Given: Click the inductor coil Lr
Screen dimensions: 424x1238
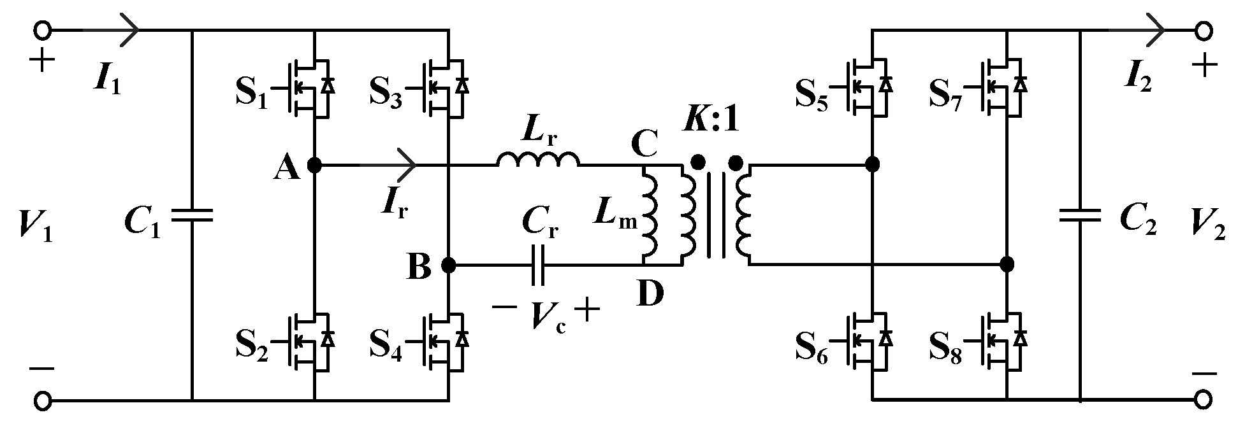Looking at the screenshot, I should (x=539, y=159).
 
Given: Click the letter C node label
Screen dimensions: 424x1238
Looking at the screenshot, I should (x=644, y=145).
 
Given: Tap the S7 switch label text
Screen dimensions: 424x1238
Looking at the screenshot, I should (x=946, y=95).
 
